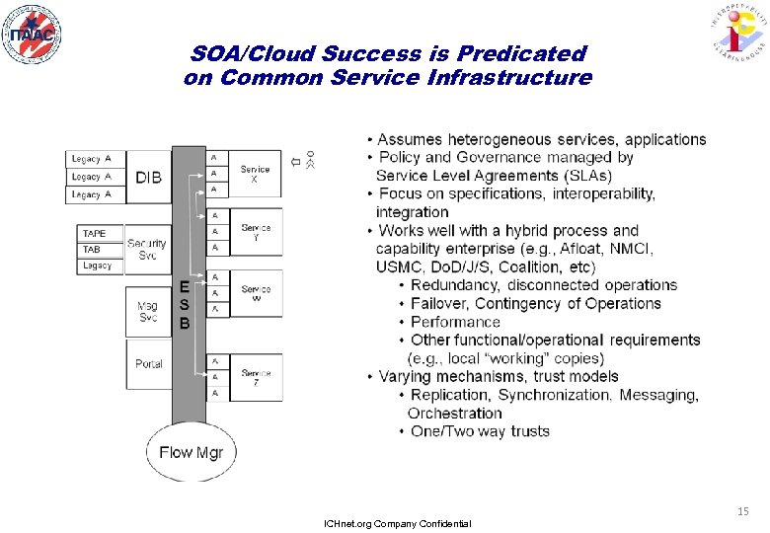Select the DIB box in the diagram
click(x=149, y=178)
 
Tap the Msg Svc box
click(x=148, y=312)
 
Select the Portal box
click(x=148, y=364)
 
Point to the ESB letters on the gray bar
click(x=184, y=304)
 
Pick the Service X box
click(x=255, y=176)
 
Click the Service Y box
click(x=256, y=233)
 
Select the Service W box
click(x=256, y=294)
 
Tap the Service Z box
click(x=256, y=377)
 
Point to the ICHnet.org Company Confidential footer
click(x=398, y=523)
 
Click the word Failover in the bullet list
click(x=445, y=304)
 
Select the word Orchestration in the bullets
click(x=455, y=414)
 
